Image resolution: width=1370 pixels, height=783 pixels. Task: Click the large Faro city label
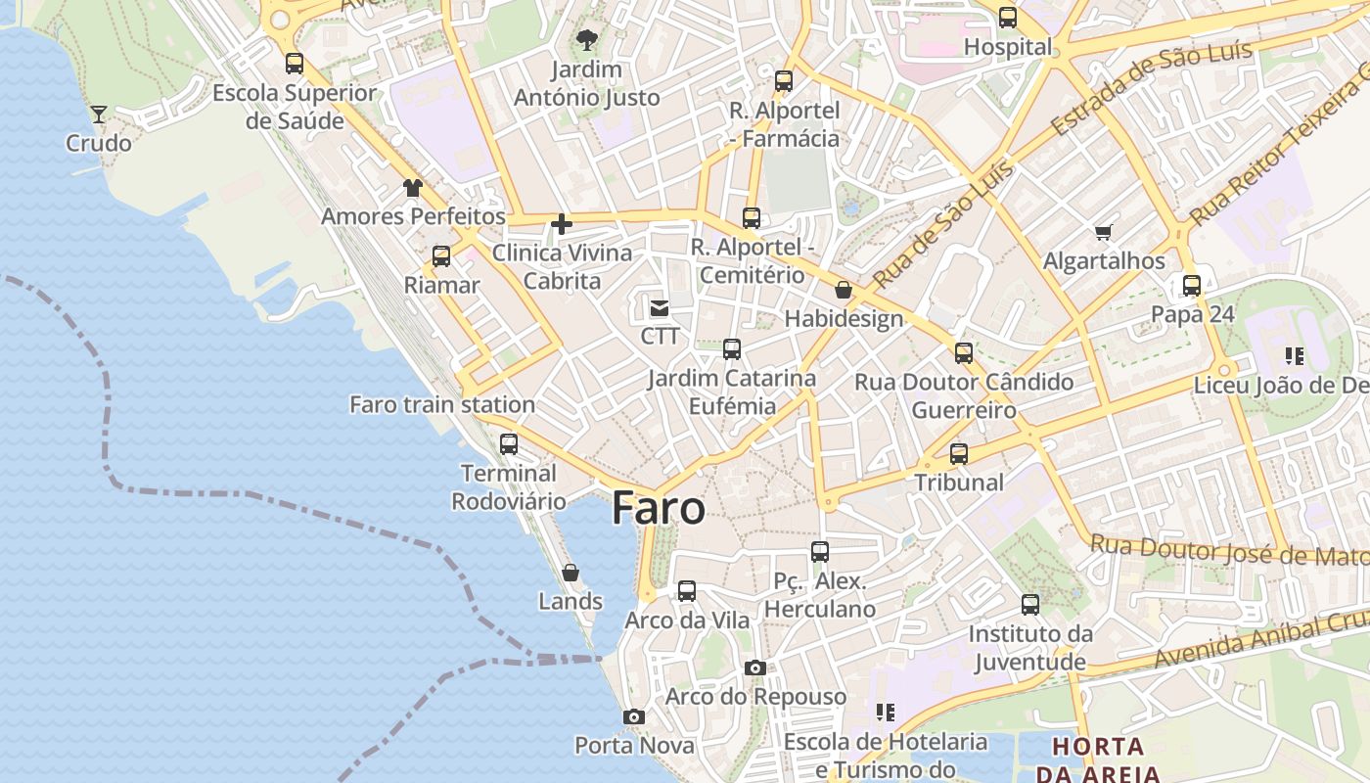pos(659,509)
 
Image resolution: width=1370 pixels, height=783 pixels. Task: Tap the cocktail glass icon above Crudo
pos(99,115)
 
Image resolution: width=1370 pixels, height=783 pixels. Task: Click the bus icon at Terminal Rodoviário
pos(509,443)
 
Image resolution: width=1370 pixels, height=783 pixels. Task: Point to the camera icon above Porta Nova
pos(634,716)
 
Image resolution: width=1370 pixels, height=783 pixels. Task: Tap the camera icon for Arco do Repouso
pos(754,668)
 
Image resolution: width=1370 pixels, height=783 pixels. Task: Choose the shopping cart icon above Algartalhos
pos(1104,232)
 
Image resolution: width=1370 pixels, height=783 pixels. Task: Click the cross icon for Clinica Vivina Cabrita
pos(562,224)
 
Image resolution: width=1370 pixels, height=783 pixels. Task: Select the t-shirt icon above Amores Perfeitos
pos(413,187)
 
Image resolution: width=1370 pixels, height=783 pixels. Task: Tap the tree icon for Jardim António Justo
pos(587,40)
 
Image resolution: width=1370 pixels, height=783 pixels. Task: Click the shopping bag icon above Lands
pos(571,572)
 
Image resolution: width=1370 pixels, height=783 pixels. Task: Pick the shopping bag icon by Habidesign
pos(844,290)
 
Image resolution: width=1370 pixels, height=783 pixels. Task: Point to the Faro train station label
pos(442,404)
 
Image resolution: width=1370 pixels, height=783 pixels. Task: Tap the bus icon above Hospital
pos(1008,18)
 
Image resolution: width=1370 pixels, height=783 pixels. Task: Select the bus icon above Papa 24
pos(1192,286)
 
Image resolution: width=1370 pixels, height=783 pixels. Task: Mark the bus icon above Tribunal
pos(959,454)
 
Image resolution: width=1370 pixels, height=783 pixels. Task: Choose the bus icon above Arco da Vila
pos(687,591)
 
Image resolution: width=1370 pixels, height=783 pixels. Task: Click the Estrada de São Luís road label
pos(1151,89)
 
